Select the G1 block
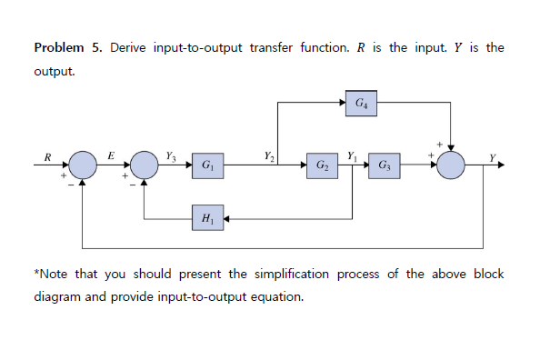click(208, 166)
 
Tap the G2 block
click(323, 166)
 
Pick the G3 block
click(385, 166)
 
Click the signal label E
click(111, 155)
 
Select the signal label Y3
click(172, 155)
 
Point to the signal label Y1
click(352, 155)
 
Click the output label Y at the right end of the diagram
click(493, 158)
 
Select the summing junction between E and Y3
click(145, 165)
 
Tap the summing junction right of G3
click(451, 165)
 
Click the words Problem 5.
click(67, 47)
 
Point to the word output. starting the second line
click(54, 69)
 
